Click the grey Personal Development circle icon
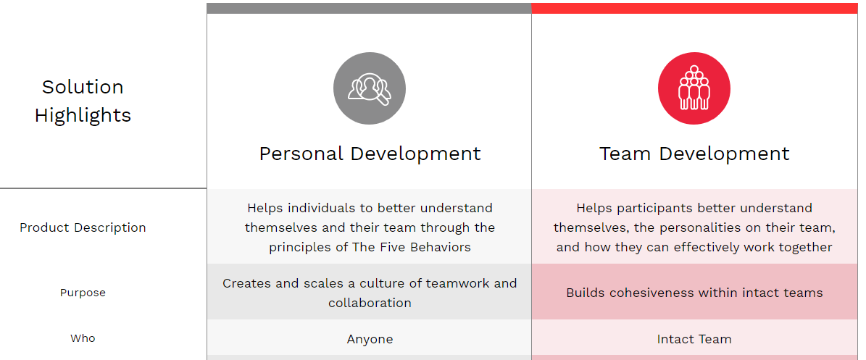(x=370, y=88)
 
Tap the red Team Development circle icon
(x=694, y=88)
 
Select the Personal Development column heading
(x=370, y=154)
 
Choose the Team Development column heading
(x=694, y=154)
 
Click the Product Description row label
(x=83, y=227)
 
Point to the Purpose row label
(x=83, y=293)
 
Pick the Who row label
(x=83, y=338)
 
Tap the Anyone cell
(x=370, y=339)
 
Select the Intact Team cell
(x=694, y=339)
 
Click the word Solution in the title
(x=83, y=87)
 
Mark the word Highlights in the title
(x=83, y=115)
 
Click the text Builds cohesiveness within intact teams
(x=694, y=293)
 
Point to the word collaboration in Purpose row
(x=370, y=303)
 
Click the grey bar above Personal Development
(x=370, y=8)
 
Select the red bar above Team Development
(x=694, y=8)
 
